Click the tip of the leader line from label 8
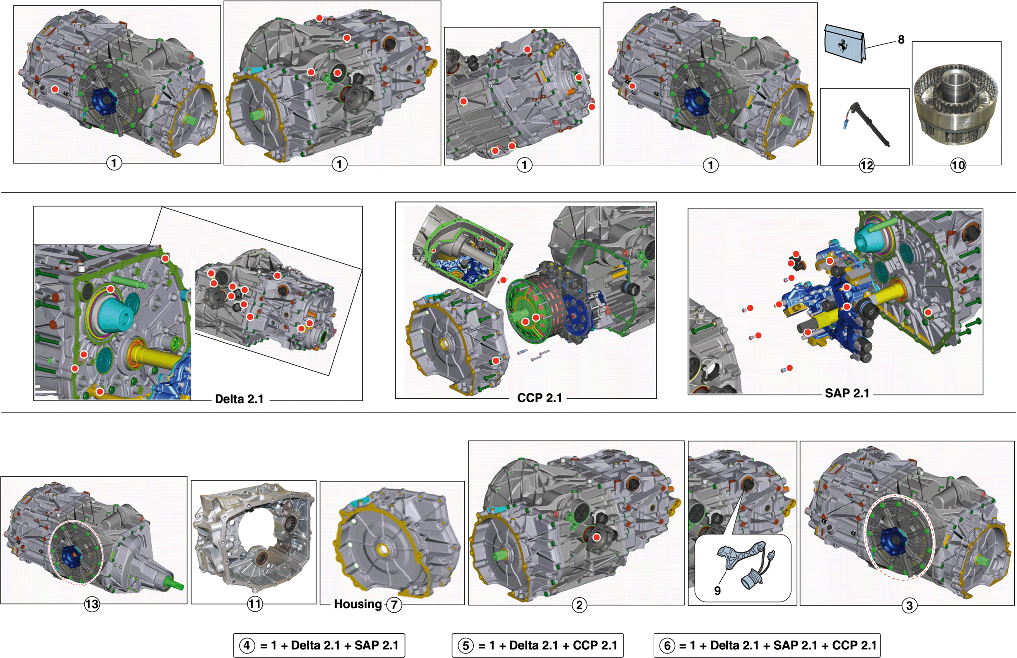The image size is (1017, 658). click(x=865, y=48)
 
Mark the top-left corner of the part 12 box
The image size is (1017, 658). click(x=820, y=89)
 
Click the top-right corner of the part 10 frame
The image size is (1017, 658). click(x=1001, y=42)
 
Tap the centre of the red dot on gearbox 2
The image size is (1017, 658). click(x=597, y=537)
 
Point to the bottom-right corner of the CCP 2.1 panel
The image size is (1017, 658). click(x=656, y=398)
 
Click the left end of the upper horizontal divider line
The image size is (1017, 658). click(x=1, y=192)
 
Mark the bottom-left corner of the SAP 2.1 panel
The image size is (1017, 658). click(x=688, y=395)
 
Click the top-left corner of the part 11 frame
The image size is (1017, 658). click(x=191, y=481)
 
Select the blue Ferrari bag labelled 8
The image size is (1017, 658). click(x=844, y=44)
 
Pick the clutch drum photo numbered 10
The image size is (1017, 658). click(x=956, y=103)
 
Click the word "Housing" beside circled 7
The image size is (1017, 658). click(x=358, y=604)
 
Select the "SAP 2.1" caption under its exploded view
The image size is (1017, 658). click(x=847, y=393)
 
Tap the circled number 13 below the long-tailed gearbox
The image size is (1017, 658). click(x=92, y=604)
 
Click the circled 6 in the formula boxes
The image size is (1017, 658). click(x=667, y=646)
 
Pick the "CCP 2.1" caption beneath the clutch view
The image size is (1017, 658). click(x=540, y=398)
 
